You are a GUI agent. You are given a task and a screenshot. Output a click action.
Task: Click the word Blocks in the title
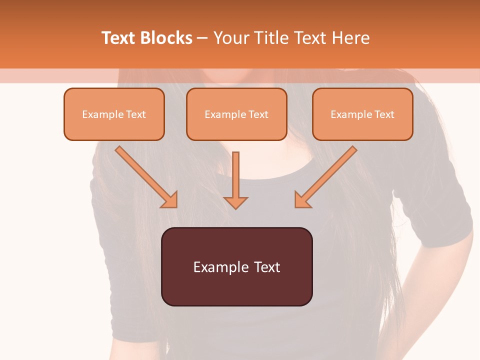point(166,38)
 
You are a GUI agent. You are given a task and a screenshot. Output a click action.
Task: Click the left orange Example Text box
point(114,114)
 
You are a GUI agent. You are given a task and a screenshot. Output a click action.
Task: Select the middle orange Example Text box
point(236,114)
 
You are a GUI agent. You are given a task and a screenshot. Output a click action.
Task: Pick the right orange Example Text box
point(362,114)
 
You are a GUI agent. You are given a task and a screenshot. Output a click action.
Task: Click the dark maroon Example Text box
point(237,267)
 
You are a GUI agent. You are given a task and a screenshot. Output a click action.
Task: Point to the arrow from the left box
point(145,176)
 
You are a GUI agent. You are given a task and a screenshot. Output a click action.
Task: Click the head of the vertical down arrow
point(235,202)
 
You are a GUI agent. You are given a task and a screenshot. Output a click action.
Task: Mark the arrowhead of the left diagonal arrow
point(170,200)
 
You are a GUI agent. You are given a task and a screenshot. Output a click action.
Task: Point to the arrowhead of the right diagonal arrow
point(302,200)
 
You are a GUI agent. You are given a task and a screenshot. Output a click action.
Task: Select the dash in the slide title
point(202,38)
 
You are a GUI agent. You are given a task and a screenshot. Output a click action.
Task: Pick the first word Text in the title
point(119,38)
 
